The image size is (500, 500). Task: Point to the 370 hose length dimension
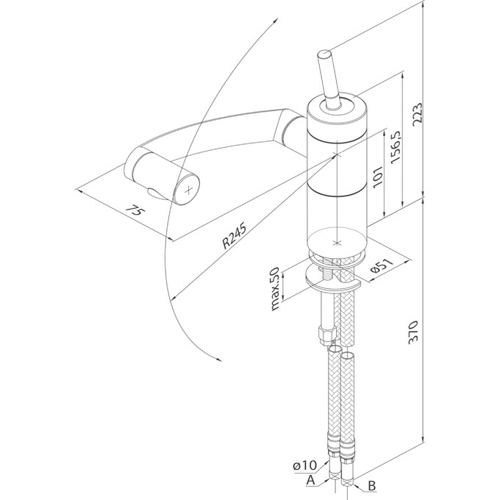point(414,335)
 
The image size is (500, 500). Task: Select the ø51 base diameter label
point(381,265)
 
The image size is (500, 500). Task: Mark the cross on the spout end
point(190,189)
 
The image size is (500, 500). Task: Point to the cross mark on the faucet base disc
point(337,241)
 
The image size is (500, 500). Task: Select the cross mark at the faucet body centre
point(337,156)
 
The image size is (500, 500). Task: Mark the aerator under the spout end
point(155,192)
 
